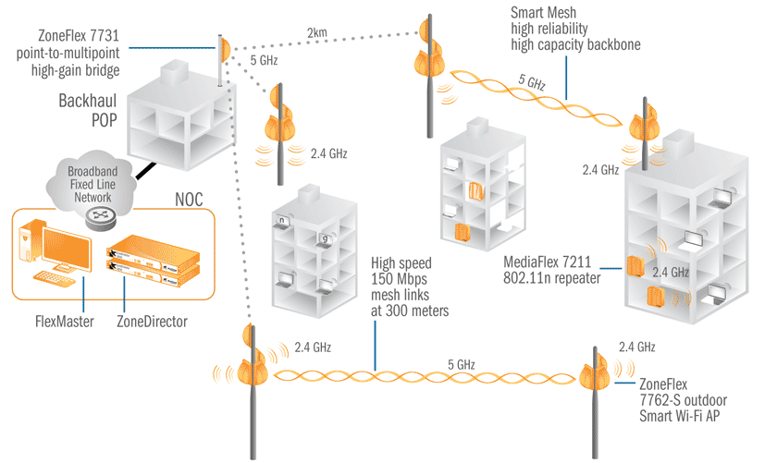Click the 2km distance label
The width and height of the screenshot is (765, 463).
click(x=317, y=32)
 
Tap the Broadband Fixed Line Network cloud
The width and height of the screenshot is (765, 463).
click(x=91, y=183)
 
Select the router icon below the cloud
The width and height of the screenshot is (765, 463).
click(x=100, y=217)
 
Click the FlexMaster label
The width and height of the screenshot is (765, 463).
click(x=65, y=322)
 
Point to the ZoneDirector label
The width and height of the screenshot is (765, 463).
click(x=152, y=322)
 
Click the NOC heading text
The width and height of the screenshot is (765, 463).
click(x=189, y=200)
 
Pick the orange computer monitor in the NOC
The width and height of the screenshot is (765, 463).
click(x=67, y=250)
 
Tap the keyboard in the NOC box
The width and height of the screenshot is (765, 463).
click(x=55, y=278)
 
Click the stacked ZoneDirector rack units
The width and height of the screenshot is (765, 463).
click(x=154, y=261)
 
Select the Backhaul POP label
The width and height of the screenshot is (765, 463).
click(x=88, y=111)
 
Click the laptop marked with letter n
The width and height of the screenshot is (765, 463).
click(x=282, y=221)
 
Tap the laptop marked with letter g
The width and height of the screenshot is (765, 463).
click(x=325, y=239)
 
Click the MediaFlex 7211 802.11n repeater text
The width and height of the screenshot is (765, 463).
click(x=552, y=270)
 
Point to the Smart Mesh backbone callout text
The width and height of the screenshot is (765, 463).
click(x=575, y=29)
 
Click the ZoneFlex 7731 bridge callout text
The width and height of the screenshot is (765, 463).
click(x=68, y=53)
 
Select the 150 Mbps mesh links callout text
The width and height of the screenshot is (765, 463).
click(x=410, y=287)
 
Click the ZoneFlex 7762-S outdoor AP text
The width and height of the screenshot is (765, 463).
click(x=683, y=400)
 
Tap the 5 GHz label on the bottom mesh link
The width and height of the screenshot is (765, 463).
click(x=462, y=364)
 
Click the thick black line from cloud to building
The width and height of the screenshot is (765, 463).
click(x=146, y=171)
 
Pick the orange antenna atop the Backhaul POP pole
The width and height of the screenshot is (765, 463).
click(x=225, y=50)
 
